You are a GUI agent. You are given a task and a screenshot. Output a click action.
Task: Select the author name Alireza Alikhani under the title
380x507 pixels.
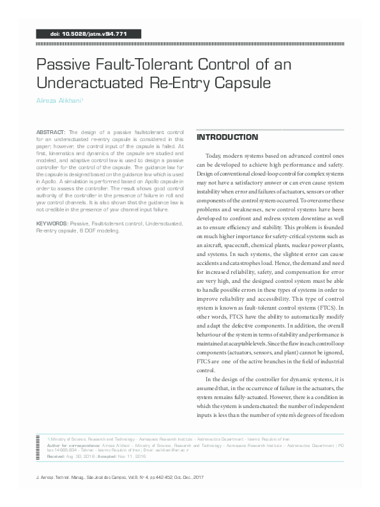(59, 101)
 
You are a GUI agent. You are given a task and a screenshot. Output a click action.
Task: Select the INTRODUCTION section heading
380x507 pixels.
(227, 138)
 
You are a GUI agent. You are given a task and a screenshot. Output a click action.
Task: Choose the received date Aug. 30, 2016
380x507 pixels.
(82, 457)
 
